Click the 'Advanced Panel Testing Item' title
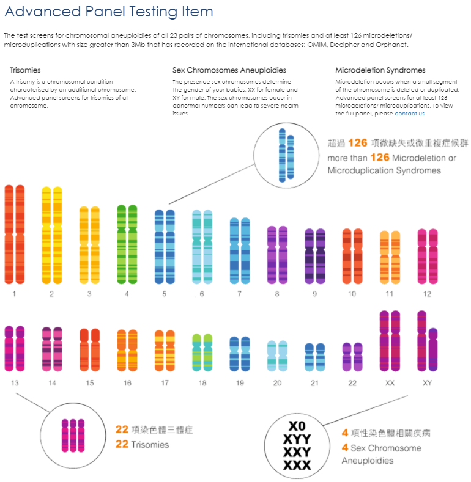109,12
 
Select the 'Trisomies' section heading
26,70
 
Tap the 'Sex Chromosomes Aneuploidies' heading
229,70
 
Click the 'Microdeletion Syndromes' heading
380,70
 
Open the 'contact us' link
410,114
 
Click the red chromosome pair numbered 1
14,235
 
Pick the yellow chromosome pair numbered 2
52,235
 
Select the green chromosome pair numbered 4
127,244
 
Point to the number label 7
239,294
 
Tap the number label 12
427,294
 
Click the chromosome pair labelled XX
390,341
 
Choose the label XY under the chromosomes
427,383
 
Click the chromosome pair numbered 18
202,352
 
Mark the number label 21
314,383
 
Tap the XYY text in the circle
297,439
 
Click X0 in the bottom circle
297,426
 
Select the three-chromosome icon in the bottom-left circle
72,435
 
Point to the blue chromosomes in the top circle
286,155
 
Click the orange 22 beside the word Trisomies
122,444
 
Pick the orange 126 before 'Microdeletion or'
380,158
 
